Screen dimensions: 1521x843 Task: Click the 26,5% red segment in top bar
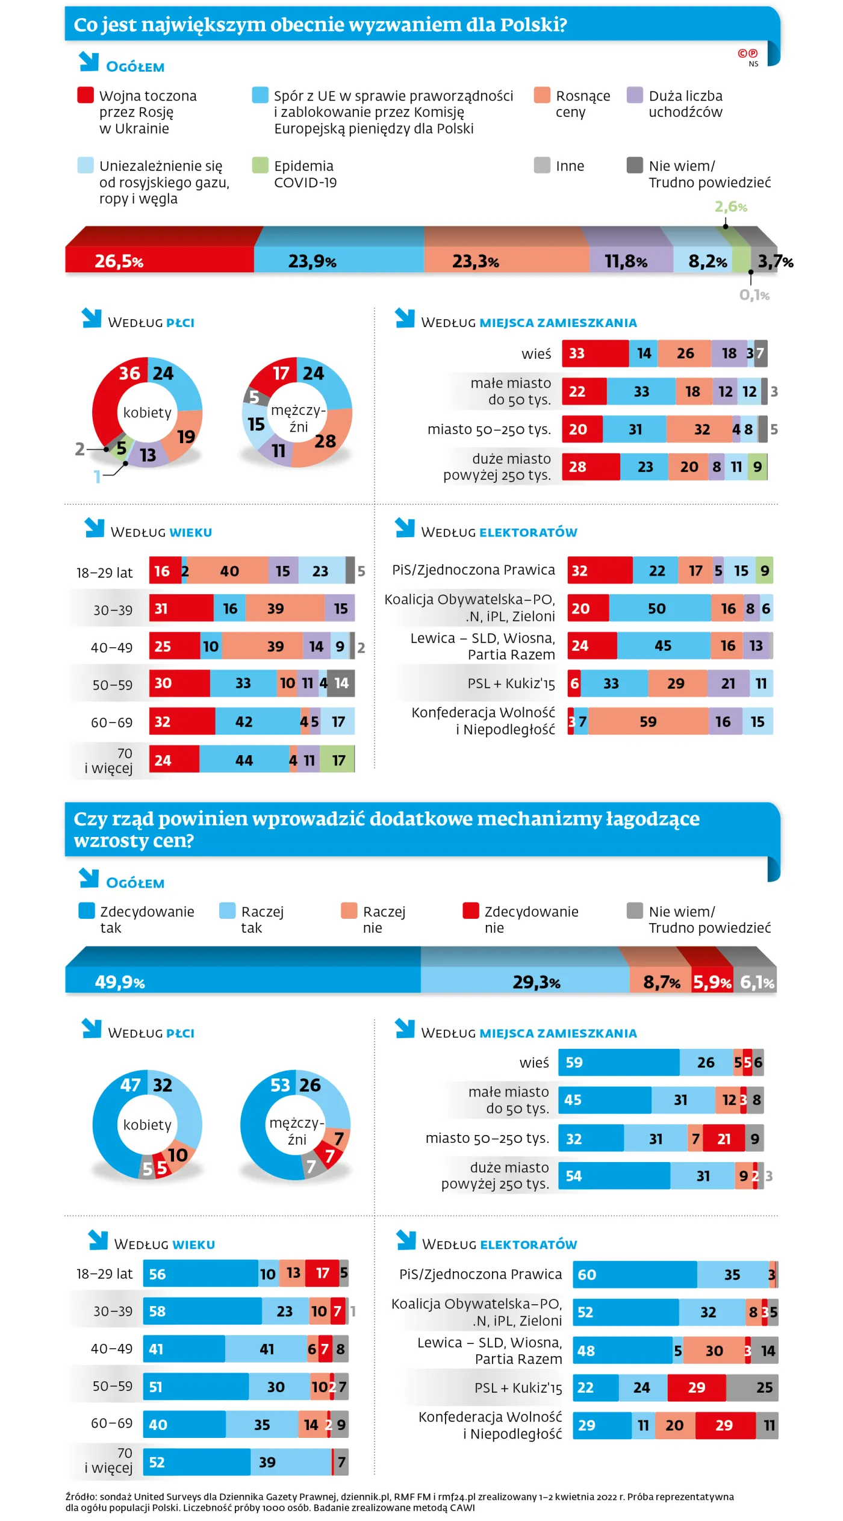point(160,260)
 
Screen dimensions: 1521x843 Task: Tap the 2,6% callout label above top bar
point(730,207)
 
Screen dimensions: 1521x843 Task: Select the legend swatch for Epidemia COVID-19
point(260,166)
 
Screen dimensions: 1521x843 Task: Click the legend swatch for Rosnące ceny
point(542,96)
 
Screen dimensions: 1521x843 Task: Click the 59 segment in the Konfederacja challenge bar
point(648,721)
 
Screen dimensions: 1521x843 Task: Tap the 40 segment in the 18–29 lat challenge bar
point(229,571)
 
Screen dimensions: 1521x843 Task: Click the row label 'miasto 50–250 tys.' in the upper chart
point(489,429)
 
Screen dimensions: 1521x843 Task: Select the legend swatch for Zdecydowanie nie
point(471,911)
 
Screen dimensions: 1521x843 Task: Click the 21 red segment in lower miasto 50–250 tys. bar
point(724,1139)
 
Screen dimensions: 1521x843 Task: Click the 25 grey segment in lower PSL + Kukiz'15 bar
point(753,1387)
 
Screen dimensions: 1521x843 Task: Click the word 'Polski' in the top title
point(530,25)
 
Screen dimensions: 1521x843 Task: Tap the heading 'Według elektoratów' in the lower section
point(499,1244)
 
